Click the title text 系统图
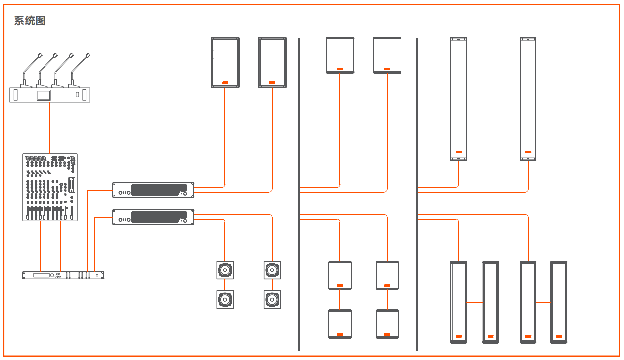click(30, 21)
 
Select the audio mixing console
click(50, 187)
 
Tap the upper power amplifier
click(153, 190)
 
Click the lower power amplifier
click(153, 217)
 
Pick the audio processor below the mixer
click(63, 275)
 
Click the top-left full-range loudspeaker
click(225, 62)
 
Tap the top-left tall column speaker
click(459, 99)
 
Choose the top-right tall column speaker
click(528, 99)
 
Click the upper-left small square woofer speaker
click(225, 270)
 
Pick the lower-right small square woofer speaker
click(272, 300)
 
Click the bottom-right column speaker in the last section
click(559, 302)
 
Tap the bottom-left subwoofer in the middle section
click(340, 323)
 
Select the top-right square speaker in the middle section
click(387, 55)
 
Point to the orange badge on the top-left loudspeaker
click(225, 83)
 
